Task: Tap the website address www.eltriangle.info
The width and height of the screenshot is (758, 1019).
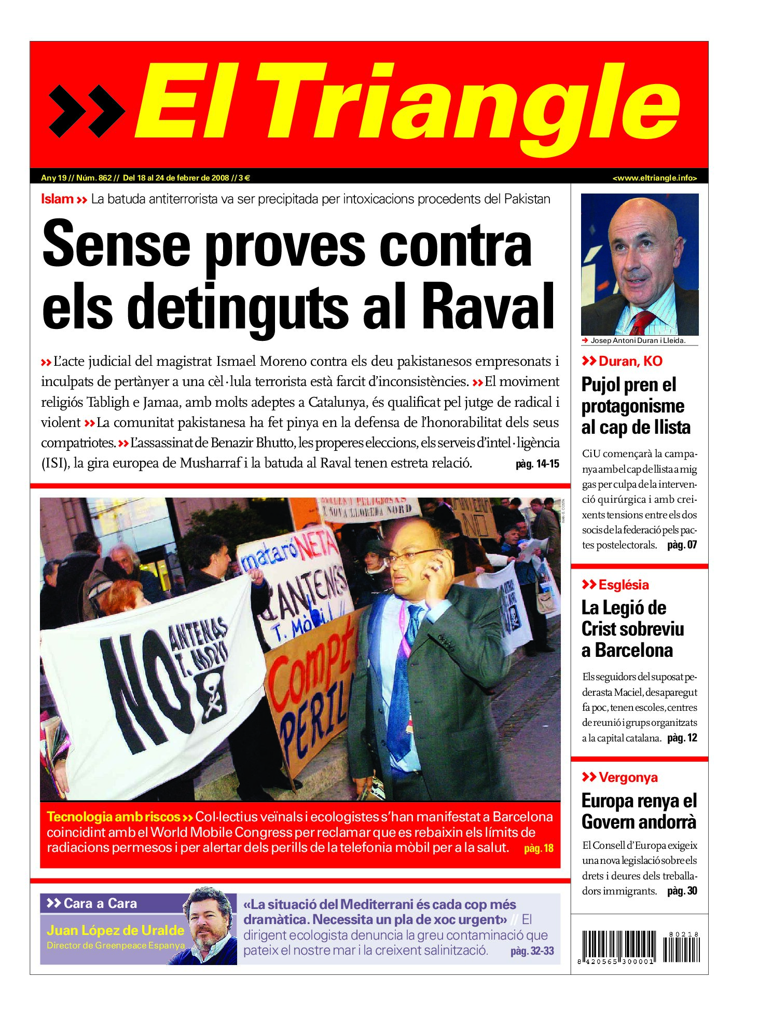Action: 654,178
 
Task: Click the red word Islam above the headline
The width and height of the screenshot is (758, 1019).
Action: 57,199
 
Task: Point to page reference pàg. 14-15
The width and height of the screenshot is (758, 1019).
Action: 537,464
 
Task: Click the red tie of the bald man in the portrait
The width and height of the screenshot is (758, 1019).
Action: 643,322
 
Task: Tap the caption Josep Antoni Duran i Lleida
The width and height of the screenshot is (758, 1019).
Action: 638,341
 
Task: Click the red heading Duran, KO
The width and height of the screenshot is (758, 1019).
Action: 630,361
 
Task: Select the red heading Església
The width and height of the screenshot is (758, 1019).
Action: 623,585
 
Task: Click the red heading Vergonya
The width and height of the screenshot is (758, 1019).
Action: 628,777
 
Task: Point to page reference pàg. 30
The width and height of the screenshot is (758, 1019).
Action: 682,891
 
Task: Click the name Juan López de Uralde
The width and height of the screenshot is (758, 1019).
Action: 115,930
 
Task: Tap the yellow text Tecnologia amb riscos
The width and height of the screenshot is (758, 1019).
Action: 113,817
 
